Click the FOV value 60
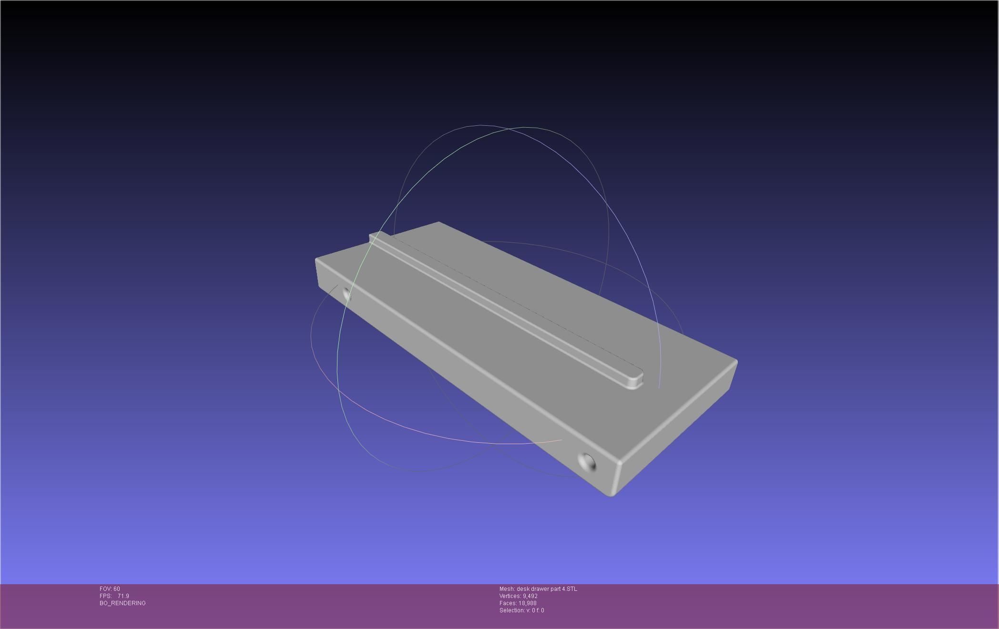(x=117, y=589)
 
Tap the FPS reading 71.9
(x=123, y=596)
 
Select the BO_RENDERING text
(x=122, y=603)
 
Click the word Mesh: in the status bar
(x=507, y=589)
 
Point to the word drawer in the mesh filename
(x=540, y=589)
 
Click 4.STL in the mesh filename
(x=569, y=589)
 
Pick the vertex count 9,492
(x=530, y=596)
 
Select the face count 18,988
(x=528, y=603)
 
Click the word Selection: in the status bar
(x=513, y=610)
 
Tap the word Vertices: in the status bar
(x=510, y=596)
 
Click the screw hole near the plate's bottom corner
(x=587, y=462)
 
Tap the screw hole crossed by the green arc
(x=347, y=295)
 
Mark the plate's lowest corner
(x=611, y=495)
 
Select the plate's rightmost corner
(x=736, y=362)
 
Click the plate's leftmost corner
(x=316, y=260)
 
